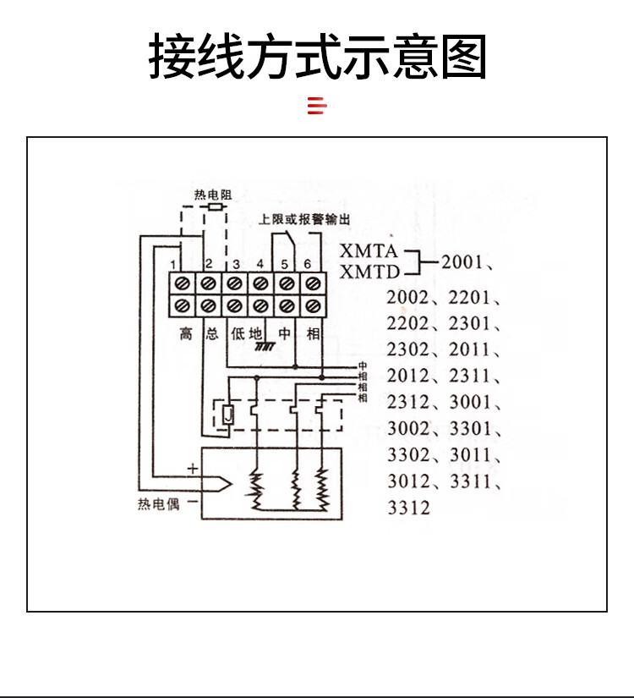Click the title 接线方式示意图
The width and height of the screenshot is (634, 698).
pyautogui.click(x=317, y=57)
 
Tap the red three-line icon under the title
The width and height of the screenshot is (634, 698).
pyautogui.click(x=316, y=106)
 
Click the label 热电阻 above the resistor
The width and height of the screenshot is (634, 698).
pyautogui.click(x=212, y=195)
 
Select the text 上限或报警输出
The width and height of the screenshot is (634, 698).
pyautogui.click(x=304, y=219)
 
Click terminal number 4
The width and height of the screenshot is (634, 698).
pyautogui.click(x=260, y=264)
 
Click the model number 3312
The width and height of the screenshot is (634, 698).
pyautogui.click(x=408, y=508)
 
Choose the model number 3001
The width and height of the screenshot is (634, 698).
pyautogui.click(x=471, y=403)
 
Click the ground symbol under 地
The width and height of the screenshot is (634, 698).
pyautogui.click(x=267, y=348)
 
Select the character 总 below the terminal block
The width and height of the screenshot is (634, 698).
pyautogui.click(x=210, y=333)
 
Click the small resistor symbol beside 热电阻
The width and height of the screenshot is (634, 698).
pyautogui.click(x=217, y=206)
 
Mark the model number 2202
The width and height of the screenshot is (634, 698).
pyautogui.click(x=408, y=323)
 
